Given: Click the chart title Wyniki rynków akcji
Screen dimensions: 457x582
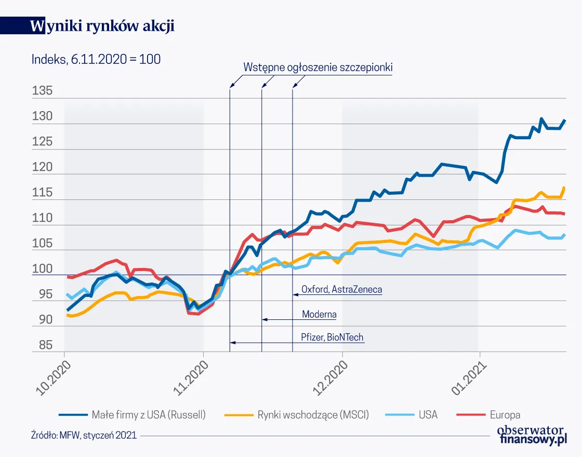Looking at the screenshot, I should point(102,26).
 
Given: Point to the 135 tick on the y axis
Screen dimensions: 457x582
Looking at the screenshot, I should point(42,91).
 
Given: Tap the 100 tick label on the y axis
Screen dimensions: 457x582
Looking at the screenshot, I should point(42,269).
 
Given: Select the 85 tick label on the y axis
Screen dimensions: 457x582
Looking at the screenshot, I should point(42,345).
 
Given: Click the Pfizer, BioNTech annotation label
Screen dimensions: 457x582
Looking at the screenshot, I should point(332,337).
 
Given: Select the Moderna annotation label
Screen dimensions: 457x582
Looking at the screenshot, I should point(319,314).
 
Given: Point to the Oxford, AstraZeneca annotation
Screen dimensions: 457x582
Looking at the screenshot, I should point(341,289).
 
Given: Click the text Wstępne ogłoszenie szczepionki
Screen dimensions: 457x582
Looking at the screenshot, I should point(318,68).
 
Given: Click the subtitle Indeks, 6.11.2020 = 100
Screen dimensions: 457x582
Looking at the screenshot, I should point(96,59).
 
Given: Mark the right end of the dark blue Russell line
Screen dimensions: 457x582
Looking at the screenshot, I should point(565,120).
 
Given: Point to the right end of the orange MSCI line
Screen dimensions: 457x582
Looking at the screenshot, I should point(564,188).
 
